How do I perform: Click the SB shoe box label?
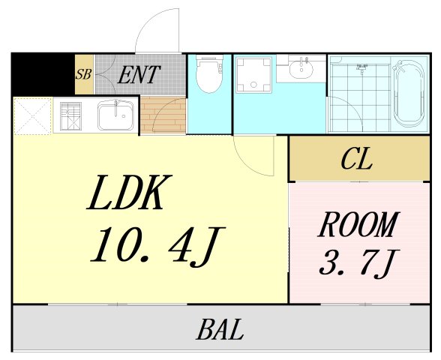point(84,74)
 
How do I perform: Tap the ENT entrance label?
point(139,75)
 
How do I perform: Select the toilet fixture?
point(209,73)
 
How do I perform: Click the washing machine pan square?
point(254,74)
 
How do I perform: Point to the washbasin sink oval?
point(301,69)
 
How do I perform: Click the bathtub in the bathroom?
point(409,94)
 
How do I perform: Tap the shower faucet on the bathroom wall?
point(361,68)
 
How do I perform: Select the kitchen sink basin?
point(115,115)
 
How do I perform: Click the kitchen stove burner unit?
point(70,116)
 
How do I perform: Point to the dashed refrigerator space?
point(33,116)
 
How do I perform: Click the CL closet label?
point(357,159)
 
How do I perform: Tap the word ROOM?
point(358,225)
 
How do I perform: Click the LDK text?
point(129,192)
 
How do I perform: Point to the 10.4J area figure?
point(157,246)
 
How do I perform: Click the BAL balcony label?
point(220,329)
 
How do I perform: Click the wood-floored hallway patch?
point(163,115)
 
